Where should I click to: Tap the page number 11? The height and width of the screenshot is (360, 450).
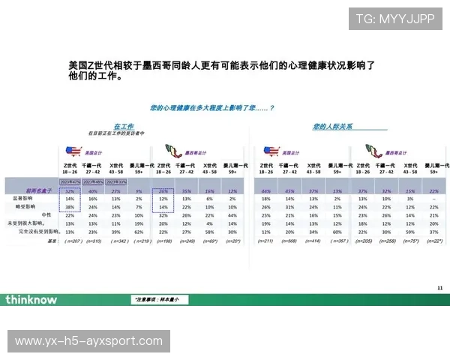click(439, 287)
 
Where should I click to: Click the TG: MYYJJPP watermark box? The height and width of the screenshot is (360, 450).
click(394, 19)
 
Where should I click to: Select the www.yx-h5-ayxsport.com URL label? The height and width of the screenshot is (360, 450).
click(88, 341)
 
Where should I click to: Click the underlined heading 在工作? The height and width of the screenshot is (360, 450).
click(124, 125)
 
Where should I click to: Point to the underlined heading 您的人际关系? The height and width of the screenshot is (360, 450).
click(333, 125)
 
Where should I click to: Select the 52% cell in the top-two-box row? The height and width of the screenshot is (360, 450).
click(70, 190)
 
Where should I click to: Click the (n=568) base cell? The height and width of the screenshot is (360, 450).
click(289, 241)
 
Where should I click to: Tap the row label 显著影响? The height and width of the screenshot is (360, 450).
click(42, 198)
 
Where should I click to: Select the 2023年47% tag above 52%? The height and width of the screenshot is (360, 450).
click(70, 181)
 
